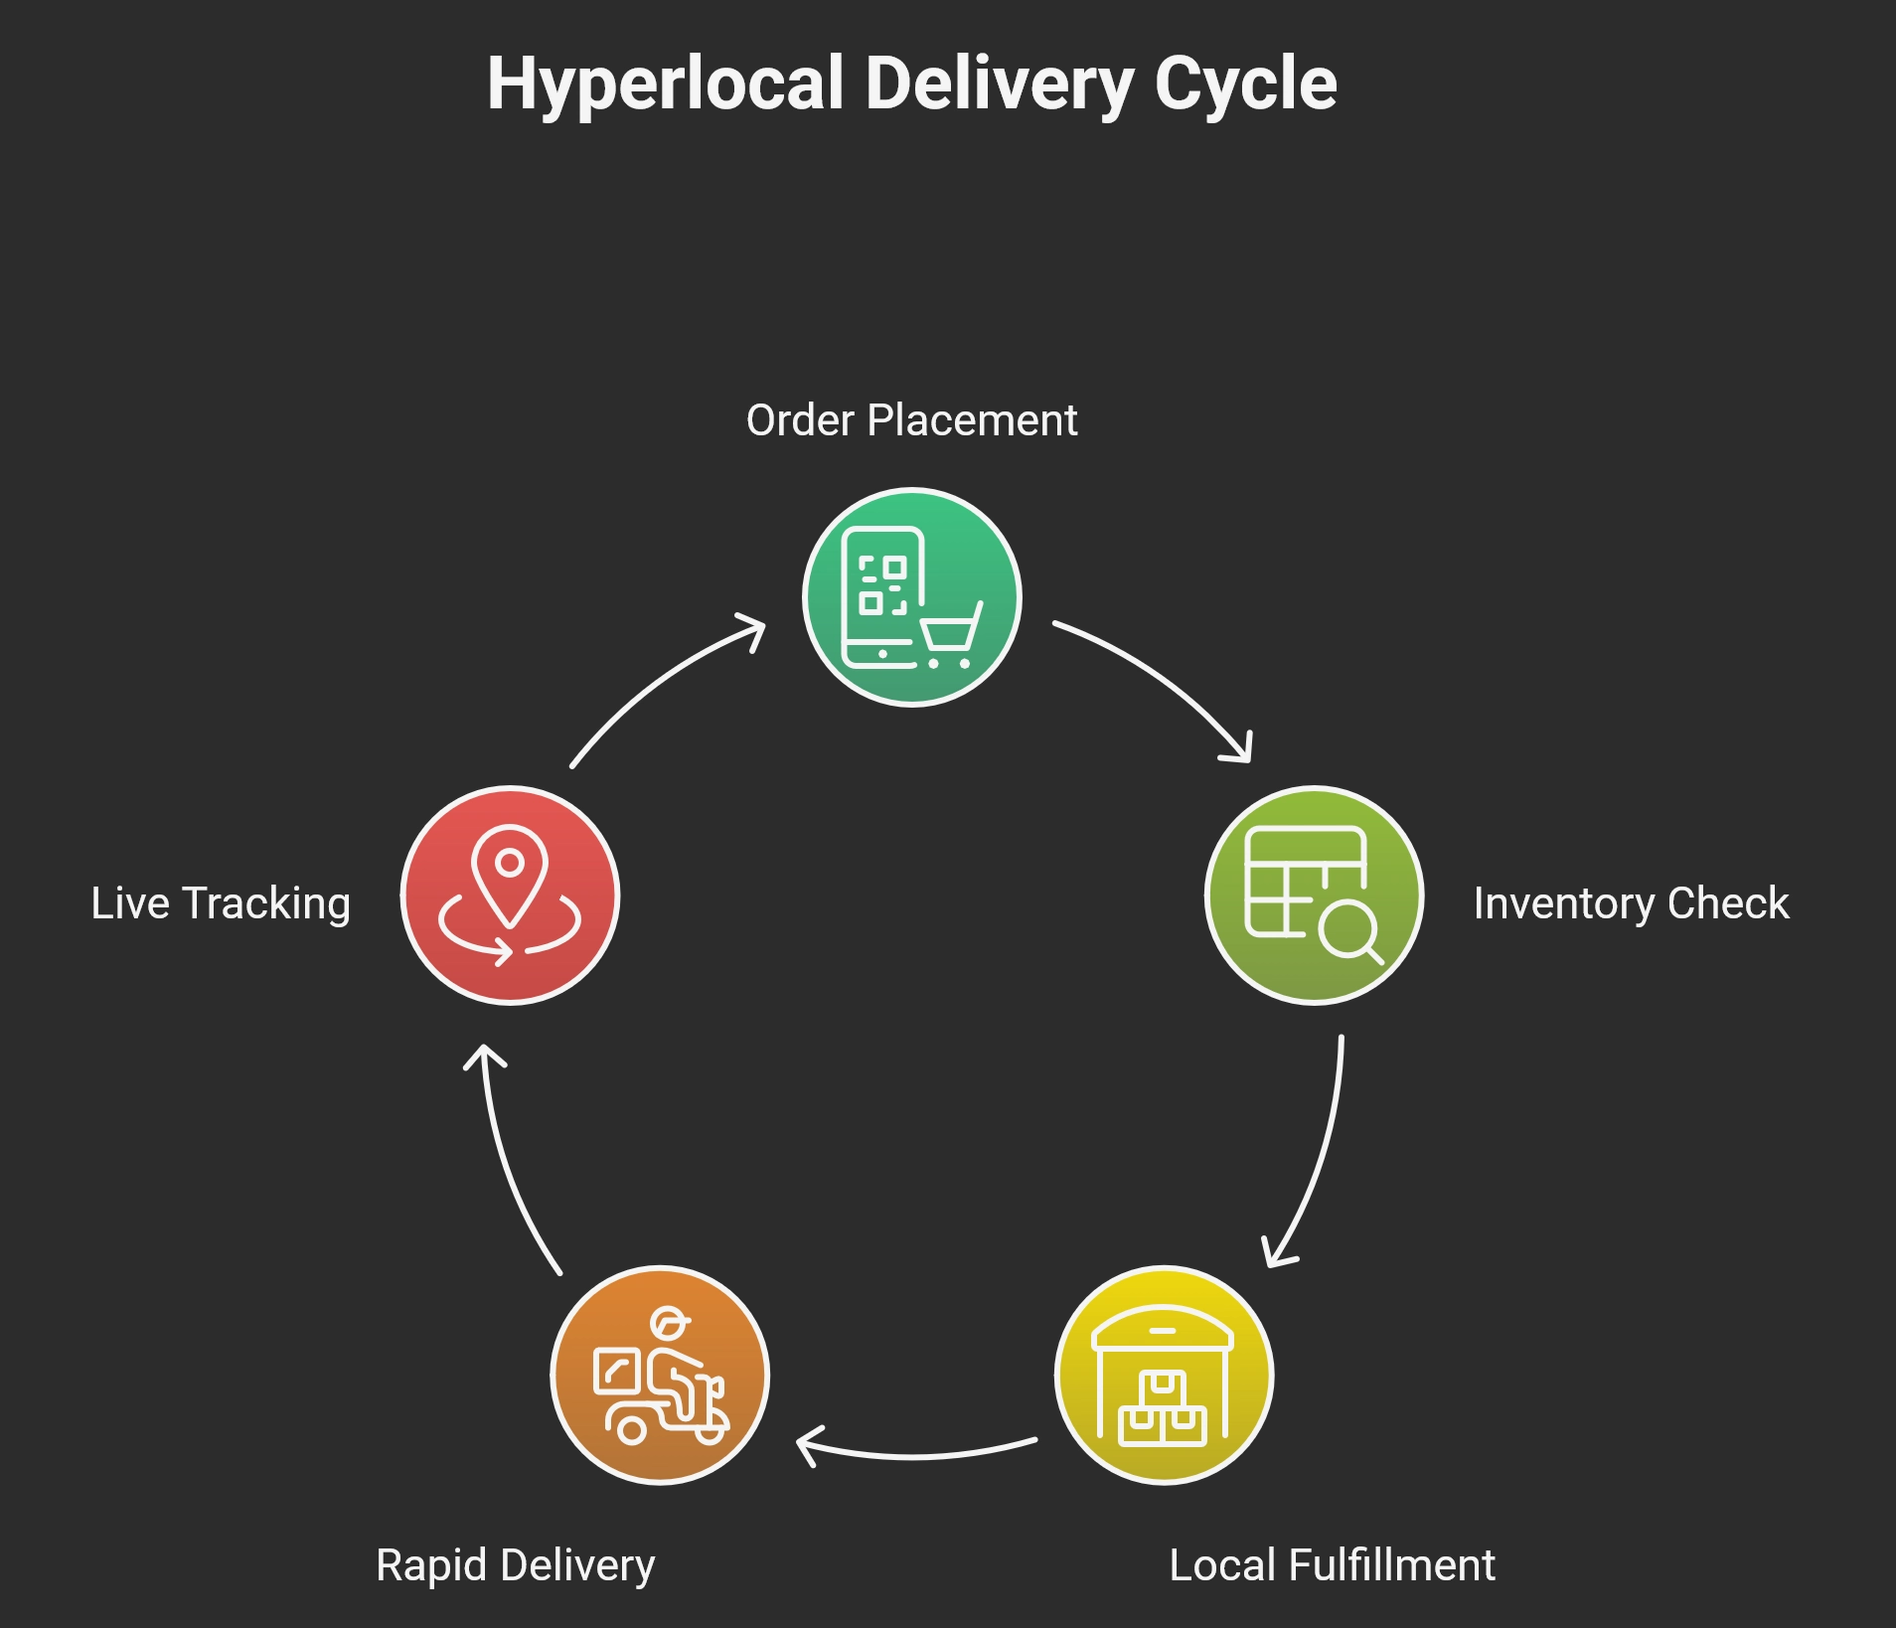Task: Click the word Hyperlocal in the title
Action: (665, 84)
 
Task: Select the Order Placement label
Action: (911, 420)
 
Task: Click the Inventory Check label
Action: (1631, 903)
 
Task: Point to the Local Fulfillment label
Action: (1332, 1565)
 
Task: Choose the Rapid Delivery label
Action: (515, 1565)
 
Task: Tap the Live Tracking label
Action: (221, 903)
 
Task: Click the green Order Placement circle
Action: (911, 597)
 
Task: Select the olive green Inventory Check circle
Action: (1314, 895)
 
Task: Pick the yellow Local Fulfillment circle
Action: (1164, 1375)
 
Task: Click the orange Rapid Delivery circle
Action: (660, 1375)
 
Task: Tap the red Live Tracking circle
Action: (510, 895)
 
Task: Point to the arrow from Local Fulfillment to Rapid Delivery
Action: (914, 1454)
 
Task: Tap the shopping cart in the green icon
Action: (950, 636)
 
